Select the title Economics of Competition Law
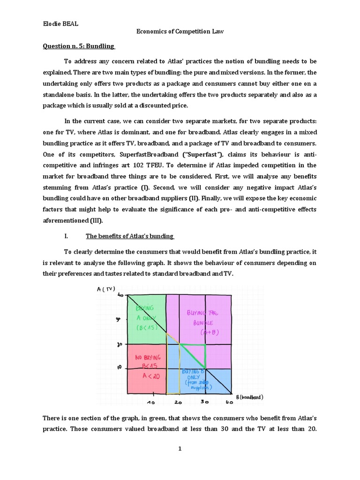point(180,31)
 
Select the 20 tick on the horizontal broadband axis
point(178,403)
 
